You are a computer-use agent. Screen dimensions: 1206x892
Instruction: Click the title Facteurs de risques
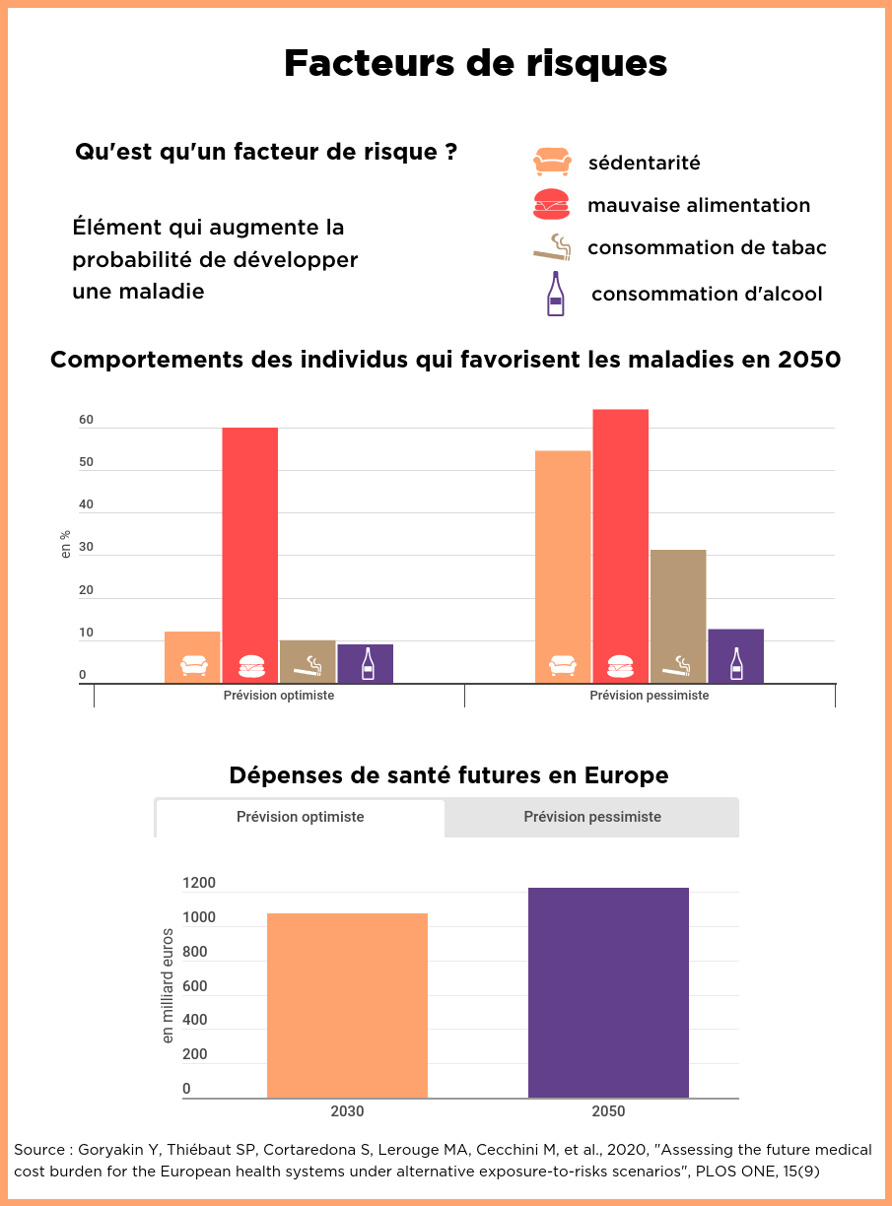[475, 63]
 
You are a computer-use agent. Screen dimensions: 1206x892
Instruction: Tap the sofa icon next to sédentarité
[552, 162]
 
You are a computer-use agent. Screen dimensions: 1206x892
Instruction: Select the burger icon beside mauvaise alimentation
[551, 204]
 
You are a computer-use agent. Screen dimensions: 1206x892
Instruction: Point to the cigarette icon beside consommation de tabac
[553, 246]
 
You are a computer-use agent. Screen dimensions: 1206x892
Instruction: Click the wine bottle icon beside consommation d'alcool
[556, 294]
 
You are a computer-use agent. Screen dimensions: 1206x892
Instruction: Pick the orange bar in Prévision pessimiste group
[563, 567]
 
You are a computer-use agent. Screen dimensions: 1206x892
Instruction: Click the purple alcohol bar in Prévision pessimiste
[735, 656]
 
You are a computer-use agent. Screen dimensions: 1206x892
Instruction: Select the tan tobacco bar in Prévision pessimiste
[678, 616]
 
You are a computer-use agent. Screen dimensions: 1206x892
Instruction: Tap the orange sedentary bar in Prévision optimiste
[192, 656]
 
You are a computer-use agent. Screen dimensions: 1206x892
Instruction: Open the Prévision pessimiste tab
[592, 817]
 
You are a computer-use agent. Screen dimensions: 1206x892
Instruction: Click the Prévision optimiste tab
[301, 817]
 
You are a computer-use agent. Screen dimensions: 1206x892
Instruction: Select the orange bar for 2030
[347, 1005]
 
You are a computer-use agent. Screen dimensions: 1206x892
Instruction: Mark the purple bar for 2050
[608, 992]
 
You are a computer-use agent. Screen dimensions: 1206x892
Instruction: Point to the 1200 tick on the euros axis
[198, 883]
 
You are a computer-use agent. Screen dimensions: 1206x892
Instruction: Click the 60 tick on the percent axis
[87, 421]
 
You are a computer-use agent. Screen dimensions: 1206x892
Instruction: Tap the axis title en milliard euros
[168, 985]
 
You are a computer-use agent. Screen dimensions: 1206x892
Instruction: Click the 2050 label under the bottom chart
[608, 1111]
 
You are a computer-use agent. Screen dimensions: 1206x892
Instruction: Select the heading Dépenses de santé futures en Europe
[448, 775]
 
